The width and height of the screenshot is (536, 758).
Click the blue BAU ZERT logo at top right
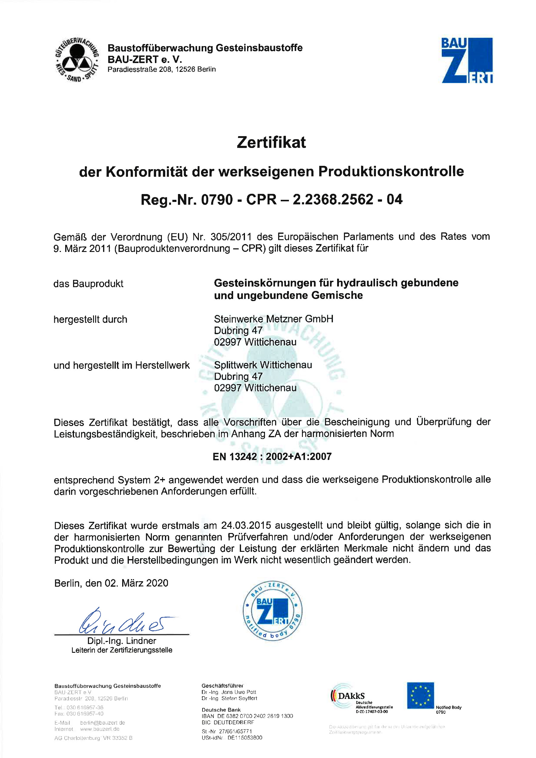point(467,60)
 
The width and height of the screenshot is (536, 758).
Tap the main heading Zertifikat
point(271,143)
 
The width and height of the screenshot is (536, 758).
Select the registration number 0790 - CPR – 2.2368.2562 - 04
point(302,200)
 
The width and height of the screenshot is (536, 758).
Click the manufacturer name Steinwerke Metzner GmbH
point(274,319)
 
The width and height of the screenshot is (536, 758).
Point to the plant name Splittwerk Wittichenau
point(263,365)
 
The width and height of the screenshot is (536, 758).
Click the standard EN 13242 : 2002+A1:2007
point(272,457)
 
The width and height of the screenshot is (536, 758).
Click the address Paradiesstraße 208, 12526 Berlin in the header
point(162,69)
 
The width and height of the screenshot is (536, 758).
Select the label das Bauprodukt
point(89,283)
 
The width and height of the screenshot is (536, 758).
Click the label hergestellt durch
point(90,319)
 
